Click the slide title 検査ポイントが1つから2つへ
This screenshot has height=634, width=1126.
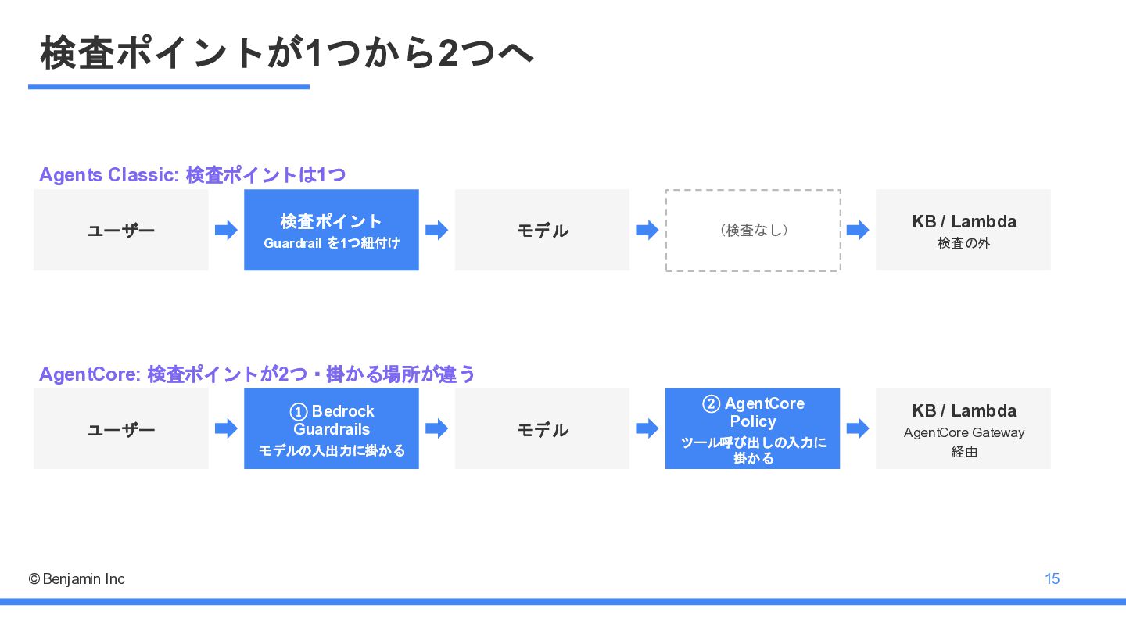286,52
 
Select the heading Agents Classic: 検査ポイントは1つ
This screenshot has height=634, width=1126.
192,175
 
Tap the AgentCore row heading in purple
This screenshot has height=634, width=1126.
256,374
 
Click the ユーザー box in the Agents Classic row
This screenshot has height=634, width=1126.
121,230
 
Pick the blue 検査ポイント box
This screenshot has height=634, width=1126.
332,230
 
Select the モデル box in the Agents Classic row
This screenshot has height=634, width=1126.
542,230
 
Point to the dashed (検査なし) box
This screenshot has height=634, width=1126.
753,231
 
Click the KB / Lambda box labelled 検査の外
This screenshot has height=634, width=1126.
963,230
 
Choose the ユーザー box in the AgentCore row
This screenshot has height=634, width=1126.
121,428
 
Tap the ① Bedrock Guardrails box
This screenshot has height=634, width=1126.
332,428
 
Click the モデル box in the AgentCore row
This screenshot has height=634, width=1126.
542,428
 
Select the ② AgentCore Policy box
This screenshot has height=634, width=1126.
752,428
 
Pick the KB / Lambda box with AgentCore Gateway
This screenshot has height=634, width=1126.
963,428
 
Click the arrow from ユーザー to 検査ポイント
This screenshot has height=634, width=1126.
226,230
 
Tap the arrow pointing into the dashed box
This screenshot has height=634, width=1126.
647,230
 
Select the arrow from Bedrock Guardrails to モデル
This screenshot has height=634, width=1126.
437,428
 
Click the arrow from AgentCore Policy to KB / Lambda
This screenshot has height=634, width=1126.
858,428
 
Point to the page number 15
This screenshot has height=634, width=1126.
1052,578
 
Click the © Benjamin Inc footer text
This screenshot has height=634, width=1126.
77,579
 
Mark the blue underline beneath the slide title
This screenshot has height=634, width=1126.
169,87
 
